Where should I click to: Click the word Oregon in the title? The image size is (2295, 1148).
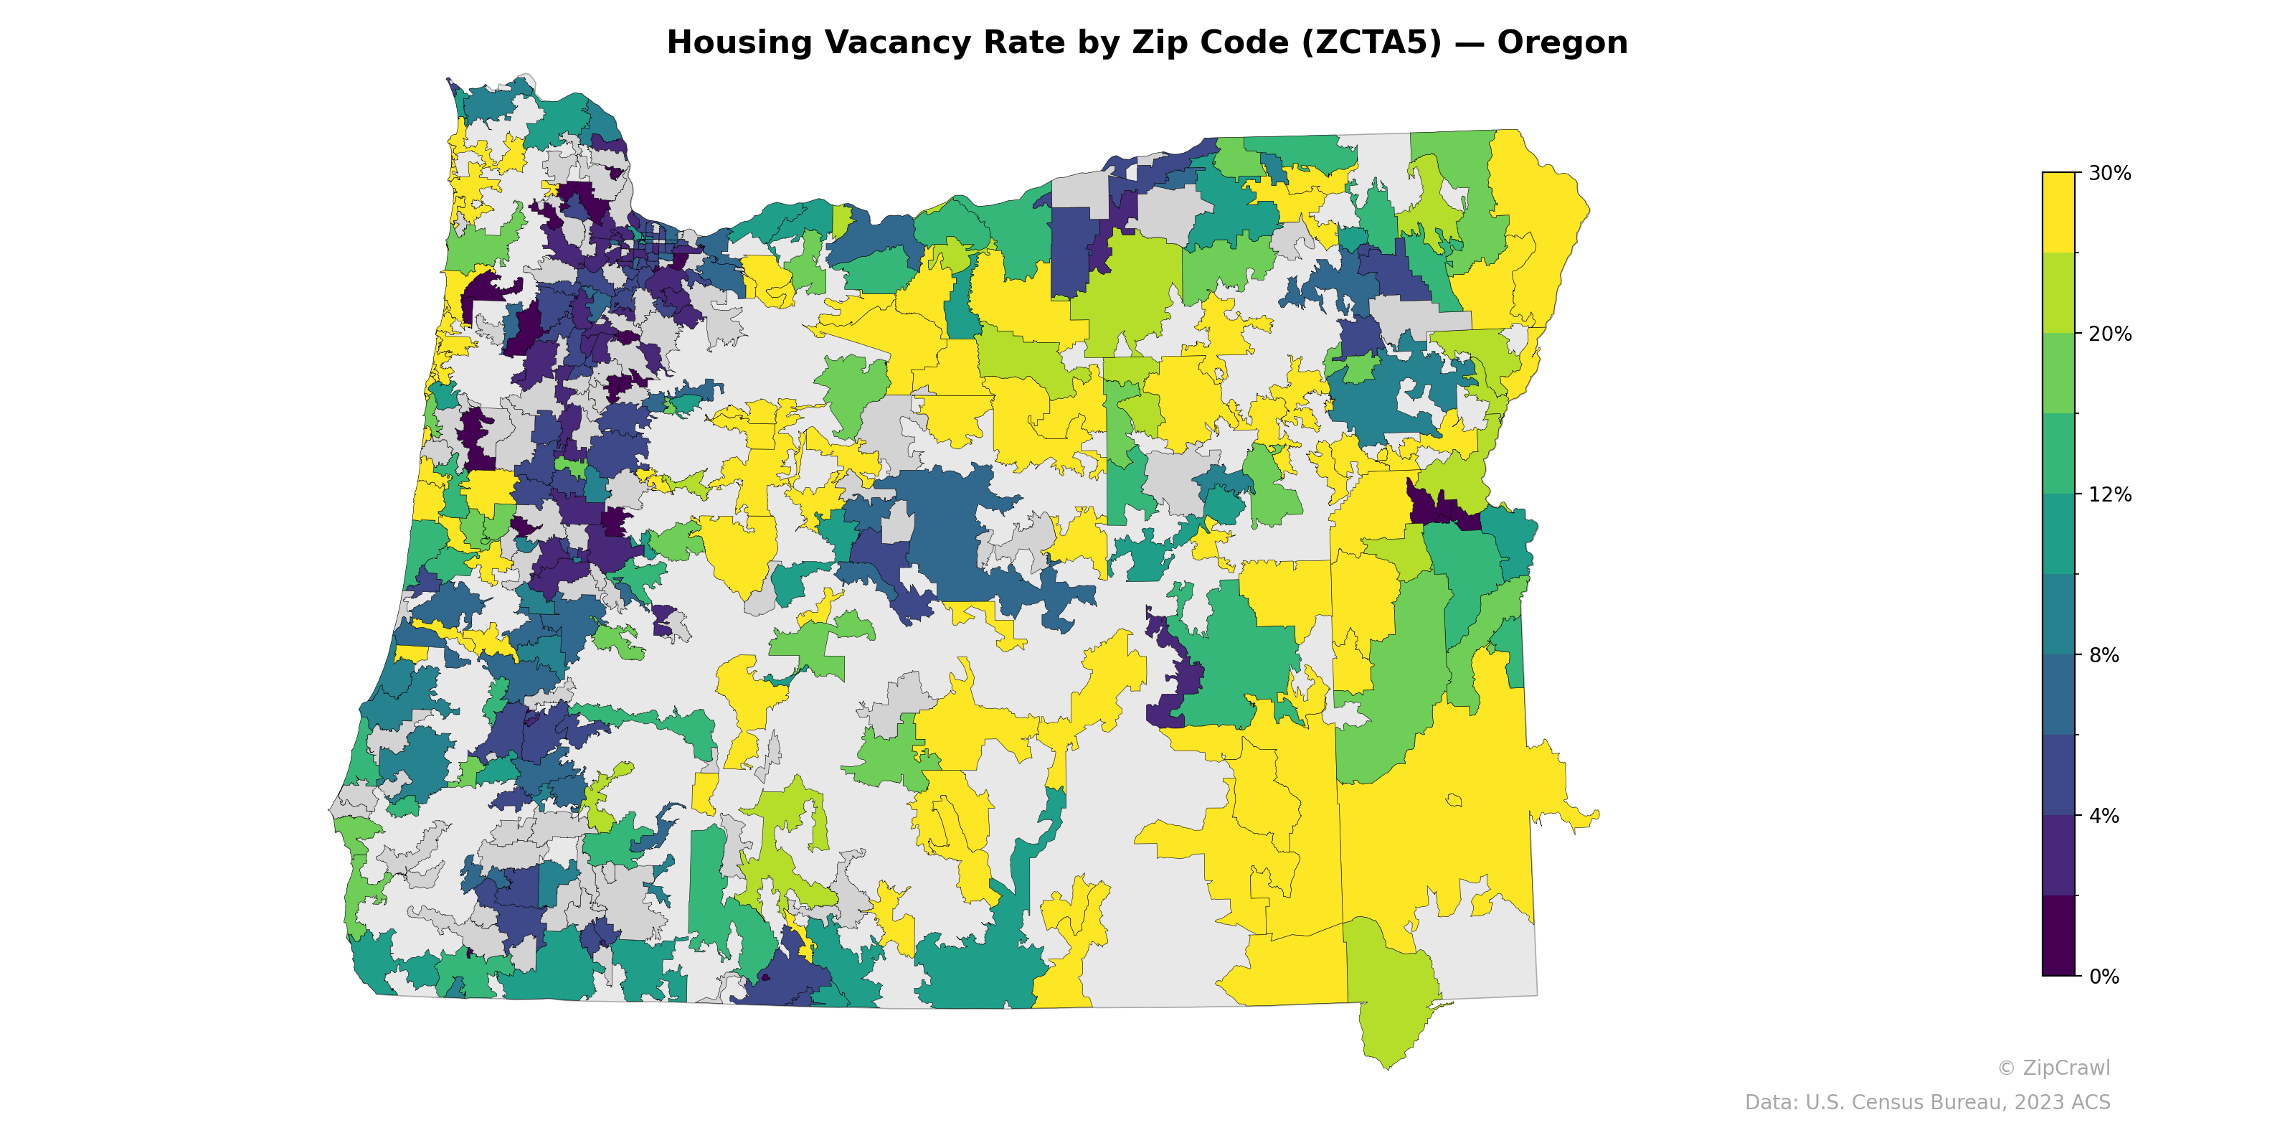(x=1562, y=43)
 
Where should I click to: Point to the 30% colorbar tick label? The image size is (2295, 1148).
(x=2110, y=174)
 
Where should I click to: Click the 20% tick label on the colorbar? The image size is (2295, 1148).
(x=2110, y=334)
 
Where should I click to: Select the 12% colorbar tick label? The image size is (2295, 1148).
(x=2110, y=494)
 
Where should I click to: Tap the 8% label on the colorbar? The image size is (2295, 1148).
(x=2104, y=655)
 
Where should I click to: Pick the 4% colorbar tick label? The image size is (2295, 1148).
(x=2104, y=816)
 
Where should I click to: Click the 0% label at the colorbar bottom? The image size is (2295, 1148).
(x=2104, y=977)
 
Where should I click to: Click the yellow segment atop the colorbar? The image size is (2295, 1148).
(x=2058, y=212)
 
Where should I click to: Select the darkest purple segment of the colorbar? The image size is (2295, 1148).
(x=2058, y=936)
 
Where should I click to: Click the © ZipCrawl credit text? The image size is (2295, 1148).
(x=2053, y=1068)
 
